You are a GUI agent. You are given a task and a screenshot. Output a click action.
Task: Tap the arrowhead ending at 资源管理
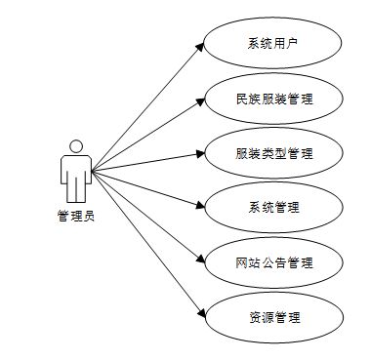coord(200,314)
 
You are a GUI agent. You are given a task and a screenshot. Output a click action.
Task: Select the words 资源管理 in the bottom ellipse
coord(273,317)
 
